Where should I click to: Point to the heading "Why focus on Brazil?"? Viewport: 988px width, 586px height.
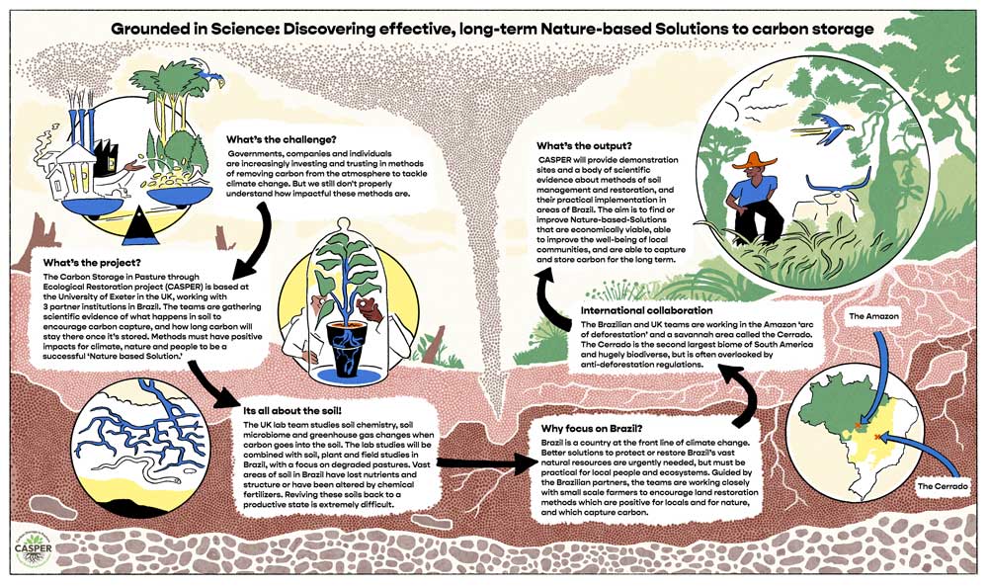coord(592,428)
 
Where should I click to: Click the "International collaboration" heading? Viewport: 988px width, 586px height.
coord(651,312)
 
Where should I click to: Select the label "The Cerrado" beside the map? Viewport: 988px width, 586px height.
coord(944,487)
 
